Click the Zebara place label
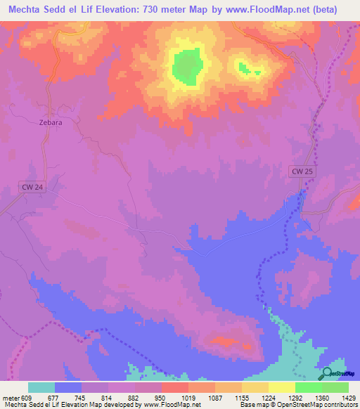click(50, 122)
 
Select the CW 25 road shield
click(304, 171)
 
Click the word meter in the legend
click(11, 397)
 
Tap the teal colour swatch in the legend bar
click(41, 387)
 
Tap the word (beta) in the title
click(323, 10)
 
